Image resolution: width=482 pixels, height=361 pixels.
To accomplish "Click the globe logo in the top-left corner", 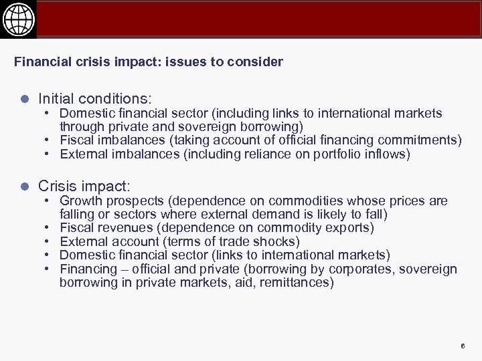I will pos(18,19).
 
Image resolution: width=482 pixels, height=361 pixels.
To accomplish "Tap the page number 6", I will pos(462,346).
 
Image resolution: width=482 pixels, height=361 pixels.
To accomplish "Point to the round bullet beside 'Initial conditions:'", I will pos(24,99).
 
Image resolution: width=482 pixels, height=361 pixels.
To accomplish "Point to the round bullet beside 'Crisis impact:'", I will pos(24,186).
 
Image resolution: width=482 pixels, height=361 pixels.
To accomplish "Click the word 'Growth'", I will pos(80,201).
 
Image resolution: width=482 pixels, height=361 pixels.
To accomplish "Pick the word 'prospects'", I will pos(131,201).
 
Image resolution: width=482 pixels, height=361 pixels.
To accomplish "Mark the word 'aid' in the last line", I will pos(248,282).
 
